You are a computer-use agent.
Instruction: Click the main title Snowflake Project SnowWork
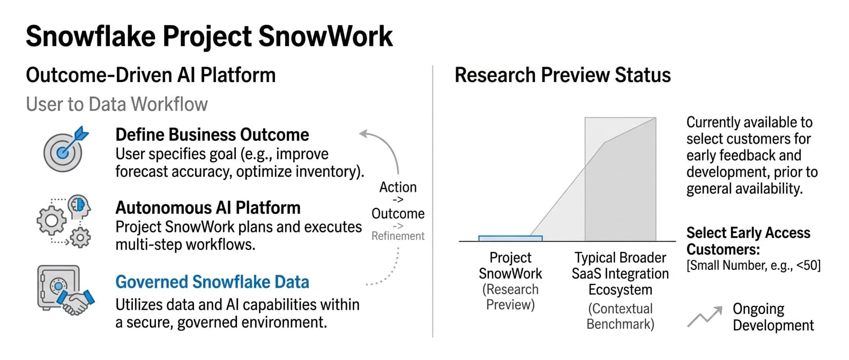209,37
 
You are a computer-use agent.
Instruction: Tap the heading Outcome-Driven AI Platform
151,75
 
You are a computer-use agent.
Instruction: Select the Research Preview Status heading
562,75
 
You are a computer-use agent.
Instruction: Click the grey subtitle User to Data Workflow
117,104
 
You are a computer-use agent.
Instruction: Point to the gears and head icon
64,222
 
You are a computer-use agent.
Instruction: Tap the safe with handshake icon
65,290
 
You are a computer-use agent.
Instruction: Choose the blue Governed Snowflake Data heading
212,282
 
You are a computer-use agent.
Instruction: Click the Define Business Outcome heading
212,135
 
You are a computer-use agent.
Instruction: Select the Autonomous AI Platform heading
208,208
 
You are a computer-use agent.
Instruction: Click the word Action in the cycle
398,187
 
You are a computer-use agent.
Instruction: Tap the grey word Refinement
398,236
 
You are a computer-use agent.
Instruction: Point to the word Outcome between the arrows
398,214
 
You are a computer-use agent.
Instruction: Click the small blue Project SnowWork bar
511,238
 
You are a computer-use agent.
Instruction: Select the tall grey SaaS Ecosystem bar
621,179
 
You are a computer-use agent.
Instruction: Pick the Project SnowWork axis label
511,281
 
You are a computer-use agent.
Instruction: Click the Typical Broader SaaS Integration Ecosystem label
621,274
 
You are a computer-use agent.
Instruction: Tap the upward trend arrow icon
705,316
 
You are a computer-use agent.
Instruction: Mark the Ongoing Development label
773,317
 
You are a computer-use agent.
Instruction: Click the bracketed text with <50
754,265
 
